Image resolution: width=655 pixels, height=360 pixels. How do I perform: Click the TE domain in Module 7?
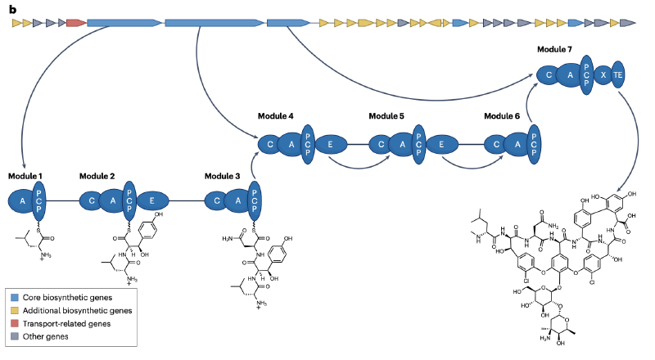click(x=617, y=74)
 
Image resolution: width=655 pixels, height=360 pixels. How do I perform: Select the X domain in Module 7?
click(x=603, y=74)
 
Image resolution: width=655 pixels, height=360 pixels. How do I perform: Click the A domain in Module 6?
click(x=516, y=145)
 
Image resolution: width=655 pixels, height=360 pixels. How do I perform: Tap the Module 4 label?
click(x=276, y=116)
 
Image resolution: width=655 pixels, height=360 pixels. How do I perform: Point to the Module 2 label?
click(x=97, y=176)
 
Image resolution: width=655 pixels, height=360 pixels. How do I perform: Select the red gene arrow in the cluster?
click(x=76, y=22)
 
